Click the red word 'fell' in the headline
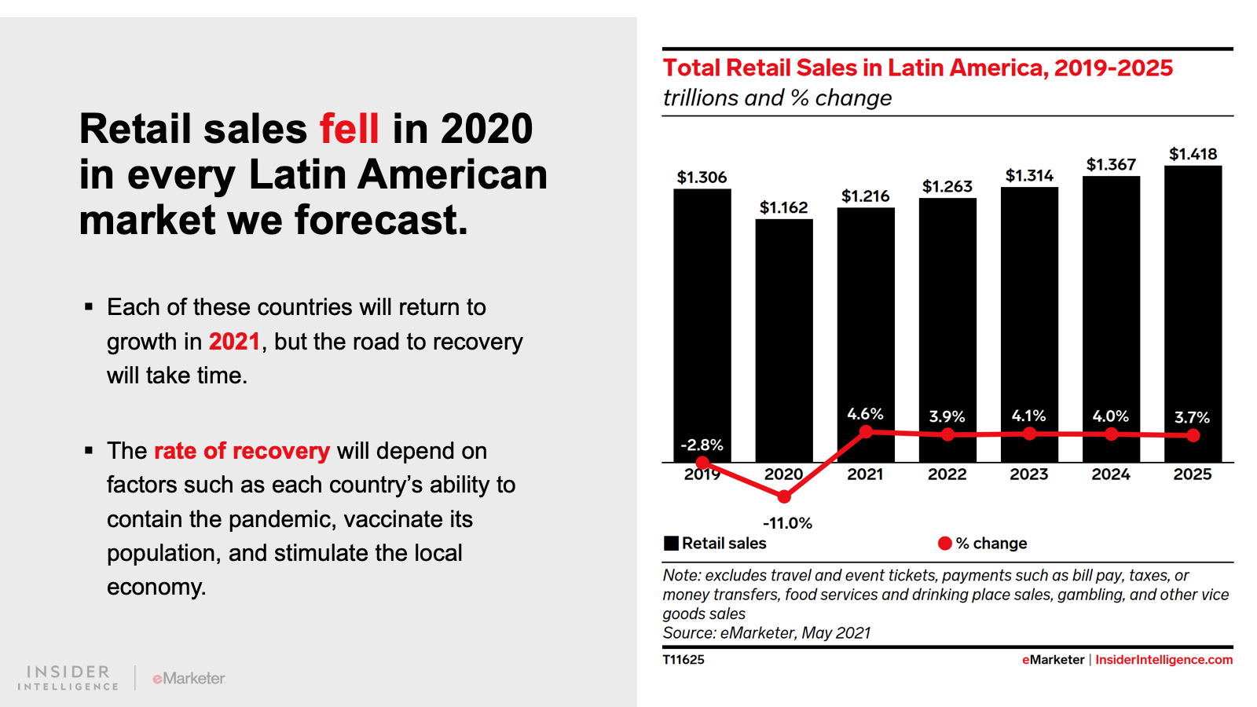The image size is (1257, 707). [x=349, y=129]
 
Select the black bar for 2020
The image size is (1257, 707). [x=784, y=338]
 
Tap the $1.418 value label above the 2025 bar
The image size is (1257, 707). [x=1193, y=154]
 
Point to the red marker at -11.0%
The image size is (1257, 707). [x=784, y=496]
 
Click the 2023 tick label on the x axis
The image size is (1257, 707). [x=1029, y=474]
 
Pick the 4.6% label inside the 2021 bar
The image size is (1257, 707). [x=865, y=414]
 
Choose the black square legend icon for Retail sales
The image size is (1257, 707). [x=671, y=544]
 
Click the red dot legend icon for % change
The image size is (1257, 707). [x=945, y=544]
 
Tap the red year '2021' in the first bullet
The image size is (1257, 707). [x=234, y=342]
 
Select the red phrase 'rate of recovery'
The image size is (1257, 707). [x=242, y=451]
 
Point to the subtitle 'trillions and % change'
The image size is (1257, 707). [x=777, y=98]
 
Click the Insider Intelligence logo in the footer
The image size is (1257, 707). [x=68, y=678]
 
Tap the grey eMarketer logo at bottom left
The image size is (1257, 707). [x=189, y=678]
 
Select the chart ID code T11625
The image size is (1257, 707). [x=683, y=660]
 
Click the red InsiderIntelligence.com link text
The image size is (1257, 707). [x=1164, y=660]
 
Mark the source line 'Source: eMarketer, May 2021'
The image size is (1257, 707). [x=767, y=633]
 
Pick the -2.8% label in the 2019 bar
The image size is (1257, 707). [x=702, y=445]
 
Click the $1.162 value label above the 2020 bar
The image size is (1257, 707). [x=783, y=207]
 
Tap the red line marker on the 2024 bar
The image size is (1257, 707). [x=1111, y=434]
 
